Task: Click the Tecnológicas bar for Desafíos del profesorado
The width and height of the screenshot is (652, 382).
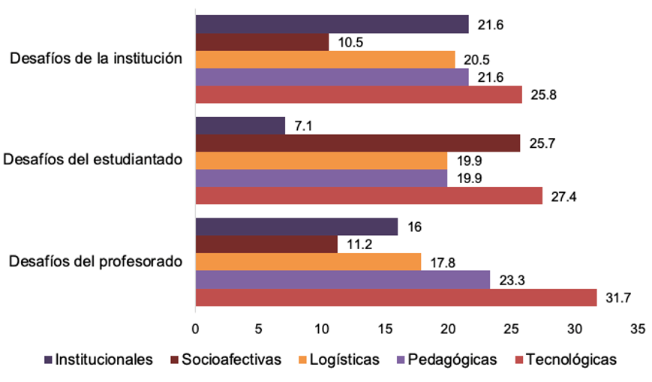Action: tap(396, 297)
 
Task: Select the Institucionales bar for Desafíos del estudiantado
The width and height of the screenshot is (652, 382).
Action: tap(240, 125)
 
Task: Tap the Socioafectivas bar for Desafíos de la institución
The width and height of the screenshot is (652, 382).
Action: tap(262, 42)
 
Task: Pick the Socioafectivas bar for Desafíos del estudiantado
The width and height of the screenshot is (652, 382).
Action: tap(357, 143)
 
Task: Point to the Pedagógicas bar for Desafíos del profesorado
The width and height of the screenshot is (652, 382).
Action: tap(343, 280)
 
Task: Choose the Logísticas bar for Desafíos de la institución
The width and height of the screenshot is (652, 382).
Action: tap(325, 59)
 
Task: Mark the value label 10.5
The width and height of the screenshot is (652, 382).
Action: tap(348, 43)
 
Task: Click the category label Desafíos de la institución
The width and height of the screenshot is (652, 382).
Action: tap(95, 59)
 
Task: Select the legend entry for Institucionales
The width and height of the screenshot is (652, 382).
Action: tap(104, 359)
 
